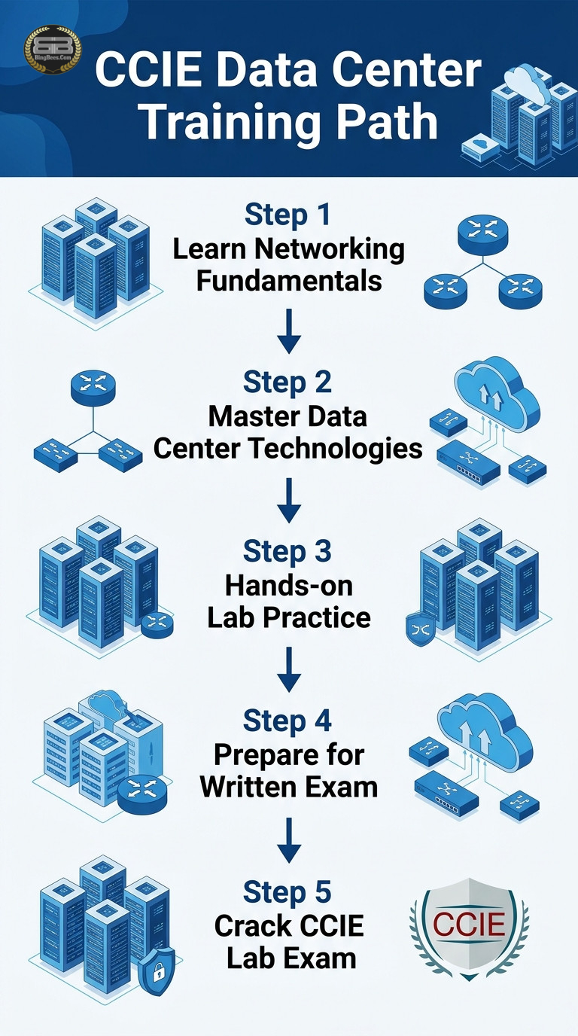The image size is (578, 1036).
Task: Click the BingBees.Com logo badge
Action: click(x=53, y=50)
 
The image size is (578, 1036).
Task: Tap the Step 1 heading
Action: click(x=287, y=215)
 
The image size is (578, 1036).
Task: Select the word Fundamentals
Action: click(x=289, y=281)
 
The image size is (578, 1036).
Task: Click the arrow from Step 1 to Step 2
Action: click(x=289, y=331)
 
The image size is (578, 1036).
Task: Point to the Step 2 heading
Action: click(x=287, y=382)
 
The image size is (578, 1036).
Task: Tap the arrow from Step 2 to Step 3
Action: click(x=289, y=501)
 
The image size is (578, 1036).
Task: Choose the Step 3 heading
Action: click(x=287, y=551)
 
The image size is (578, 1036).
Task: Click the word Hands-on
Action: click(x=289, y=585)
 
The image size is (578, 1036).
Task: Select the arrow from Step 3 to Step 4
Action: click(x=289, y=669)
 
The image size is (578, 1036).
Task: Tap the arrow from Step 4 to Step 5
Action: click(x=289, y=840)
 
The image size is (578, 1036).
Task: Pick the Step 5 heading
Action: click(x=287, y=891)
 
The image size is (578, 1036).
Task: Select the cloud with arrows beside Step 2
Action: click(x=497, y=393)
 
